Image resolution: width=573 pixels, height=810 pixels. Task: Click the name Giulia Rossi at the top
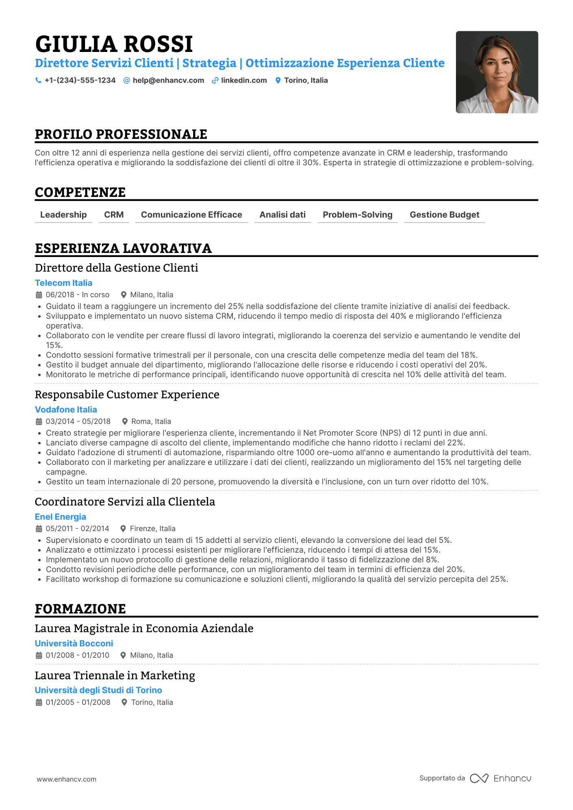point(114,44)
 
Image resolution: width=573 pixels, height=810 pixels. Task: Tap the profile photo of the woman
point(497,72)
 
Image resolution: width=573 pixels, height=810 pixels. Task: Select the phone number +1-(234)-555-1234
point(80,80)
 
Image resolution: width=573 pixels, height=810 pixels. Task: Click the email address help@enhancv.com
point(168,80)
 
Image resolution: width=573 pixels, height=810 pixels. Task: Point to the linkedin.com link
point(244,80)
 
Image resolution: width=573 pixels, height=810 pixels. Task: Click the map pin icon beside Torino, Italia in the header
point(278,80)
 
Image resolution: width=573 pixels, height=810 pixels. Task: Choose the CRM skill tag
point(114,215)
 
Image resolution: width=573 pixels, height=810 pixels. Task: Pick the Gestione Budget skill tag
point(444,215)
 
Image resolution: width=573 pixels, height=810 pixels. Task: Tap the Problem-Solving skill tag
point(358,215)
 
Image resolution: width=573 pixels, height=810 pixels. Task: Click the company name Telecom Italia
point(63,283)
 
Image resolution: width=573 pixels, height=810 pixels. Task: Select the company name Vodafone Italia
point(66,410)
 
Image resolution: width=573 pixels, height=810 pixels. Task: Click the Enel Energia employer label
point(61,517)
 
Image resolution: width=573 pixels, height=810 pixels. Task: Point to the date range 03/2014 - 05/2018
point(78,421)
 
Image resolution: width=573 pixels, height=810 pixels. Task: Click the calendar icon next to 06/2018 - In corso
point(39,295)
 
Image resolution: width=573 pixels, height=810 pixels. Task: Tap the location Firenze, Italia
point(152,529)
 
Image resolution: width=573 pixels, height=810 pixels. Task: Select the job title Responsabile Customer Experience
point(127,395)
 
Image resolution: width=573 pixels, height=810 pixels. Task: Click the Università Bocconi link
point(74,644)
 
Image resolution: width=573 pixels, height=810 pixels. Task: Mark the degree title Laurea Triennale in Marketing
point(115,676)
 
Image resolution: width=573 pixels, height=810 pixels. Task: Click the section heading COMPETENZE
point(80,192)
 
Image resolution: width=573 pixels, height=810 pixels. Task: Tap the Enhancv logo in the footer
point(500,778)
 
